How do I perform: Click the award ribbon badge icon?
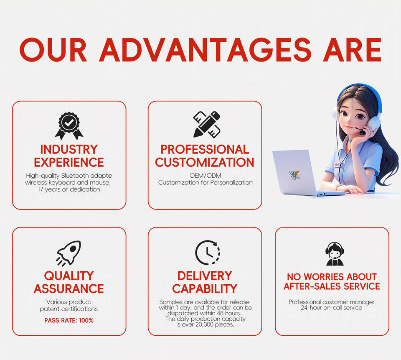click(69, 126)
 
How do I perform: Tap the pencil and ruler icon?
click(207, 125)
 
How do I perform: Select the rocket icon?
click(69, 253)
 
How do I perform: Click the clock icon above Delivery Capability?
click(208, 253)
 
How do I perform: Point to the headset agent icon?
click(335, 254)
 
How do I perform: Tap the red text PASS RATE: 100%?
click(69, 320)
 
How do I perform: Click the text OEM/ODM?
click(206, 176)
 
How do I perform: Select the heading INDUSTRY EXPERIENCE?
click(69, 156)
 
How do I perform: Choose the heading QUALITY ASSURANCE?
click(69, 282)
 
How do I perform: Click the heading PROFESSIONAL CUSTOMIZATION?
click(205, 156)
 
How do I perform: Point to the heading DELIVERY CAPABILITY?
click(205, 282)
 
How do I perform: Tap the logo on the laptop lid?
click(294, 175)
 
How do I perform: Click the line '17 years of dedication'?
click(69, 189)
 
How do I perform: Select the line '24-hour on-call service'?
click(331, 307)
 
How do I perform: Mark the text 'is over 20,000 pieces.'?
click(206, 324)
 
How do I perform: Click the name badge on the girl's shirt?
click(338, 164)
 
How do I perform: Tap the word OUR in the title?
click(53, 50)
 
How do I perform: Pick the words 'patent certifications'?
click(69, 309)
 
